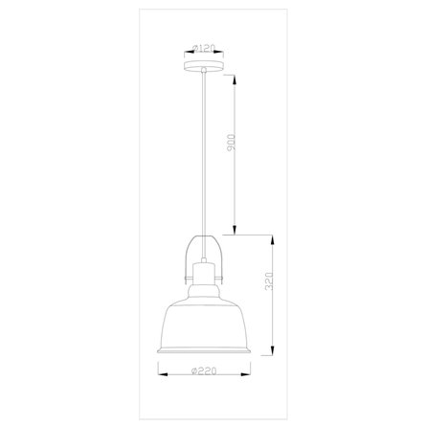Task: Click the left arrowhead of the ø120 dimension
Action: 182,53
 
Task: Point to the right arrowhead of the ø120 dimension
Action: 221,53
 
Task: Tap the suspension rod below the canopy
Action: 201,153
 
